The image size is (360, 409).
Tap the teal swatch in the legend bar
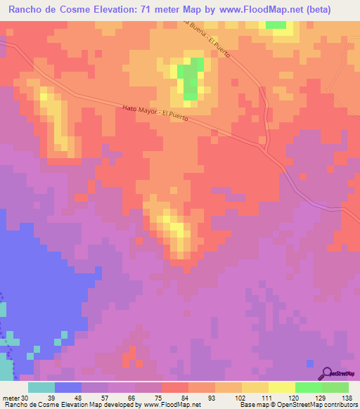pyautogui.click(x=41, y=387)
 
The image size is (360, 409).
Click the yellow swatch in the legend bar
pyautogui.click(x=282, y=387)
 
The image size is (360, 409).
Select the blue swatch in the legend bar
pyautogui.click(x=68, y=387)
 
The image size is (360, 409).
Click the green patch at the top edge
pyautogui.click(x=276, y=25)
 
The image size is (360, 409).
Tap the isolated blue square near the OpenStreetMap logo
pyautogui.click(x=310, y=363)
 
